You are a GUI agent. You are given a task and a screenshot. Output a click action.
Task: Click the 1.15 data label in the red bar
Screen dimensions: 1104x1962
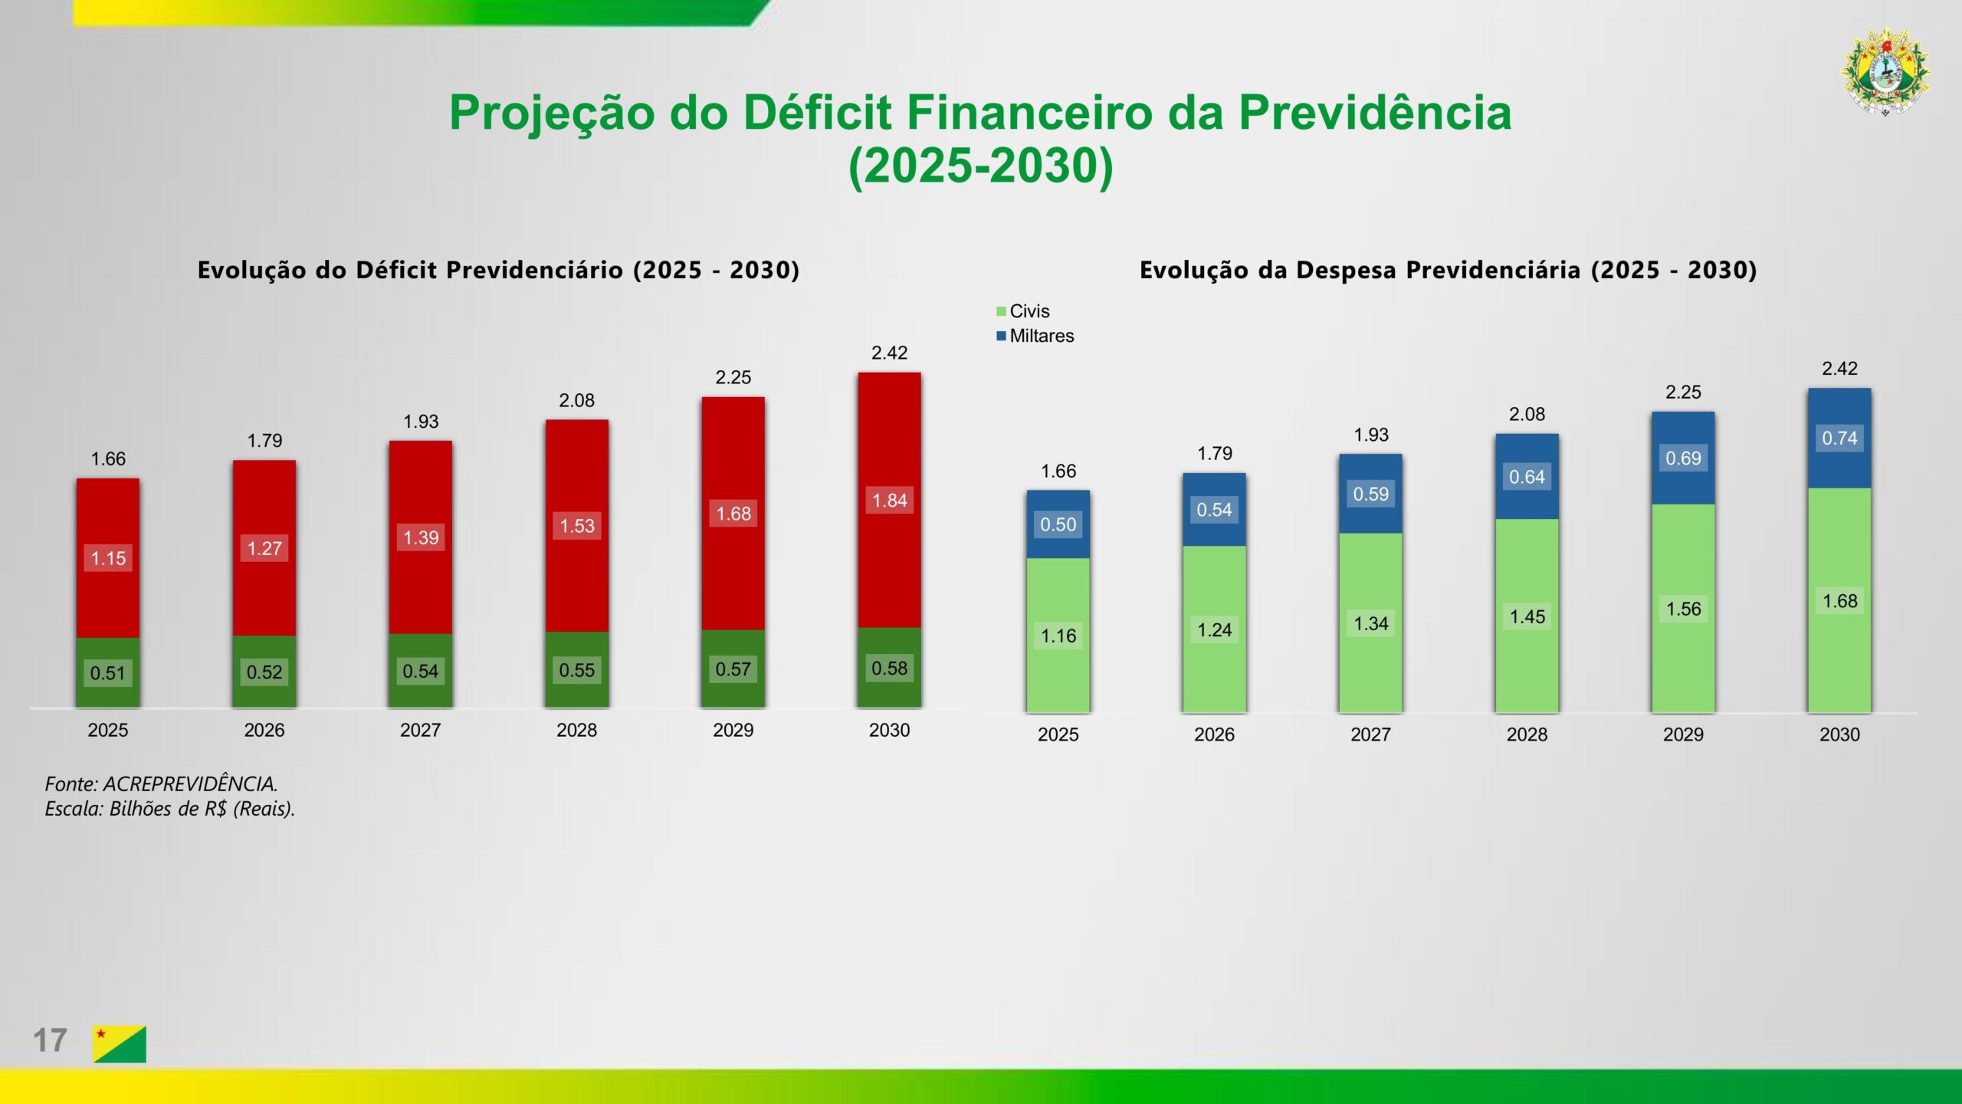[108, 558]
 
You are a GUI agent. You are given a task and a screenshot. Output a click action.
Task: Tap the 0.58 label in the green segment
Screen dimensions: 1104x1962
[889, 669]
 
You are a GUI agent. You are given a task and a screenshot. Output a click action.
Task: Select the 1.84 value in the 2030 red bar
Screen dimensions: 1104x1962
[889, 501]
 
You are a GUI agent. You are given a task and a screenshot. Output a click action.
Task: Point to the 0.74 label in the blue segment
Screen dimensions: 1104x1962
[1839, 439]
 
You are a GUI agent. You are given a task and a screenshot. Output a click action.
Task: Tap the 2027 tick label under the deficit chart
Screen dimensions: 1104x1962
[420, 730]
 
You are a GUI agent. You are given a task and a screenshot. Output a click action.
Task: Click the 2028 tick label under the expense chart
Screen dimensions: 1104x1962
[1527, 734]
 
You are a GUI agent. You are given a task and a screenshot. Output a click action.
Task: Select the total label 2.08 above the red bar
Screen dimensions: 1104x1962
[576, 400]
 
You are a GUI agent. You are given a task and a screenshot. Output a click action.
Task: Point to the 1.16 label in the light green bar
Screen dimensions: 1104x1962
[1058, 636]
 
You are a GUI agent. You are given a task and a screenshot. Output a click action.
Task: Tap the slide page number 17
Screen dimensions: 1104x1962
[50, 1041]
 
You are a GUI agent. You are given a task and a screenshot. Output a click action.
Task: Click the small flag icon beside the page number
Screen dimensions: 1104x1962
[120, 1043]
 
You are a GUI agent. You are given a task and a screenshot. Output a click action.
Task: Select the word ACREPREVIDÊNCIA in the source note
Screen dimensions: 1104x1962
[189, 784]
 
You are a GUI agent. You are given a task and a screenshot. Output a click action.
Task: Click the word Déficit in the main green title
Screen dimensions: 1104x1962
[817, 113]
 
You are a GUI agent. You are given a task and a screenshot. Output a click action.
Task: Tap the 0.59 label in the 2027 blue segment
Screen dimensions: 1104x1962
[1370, 494]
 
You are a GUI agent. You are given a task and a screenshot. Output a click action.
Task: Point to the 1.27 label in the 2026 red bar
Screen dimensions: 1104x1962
[264, 548]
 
